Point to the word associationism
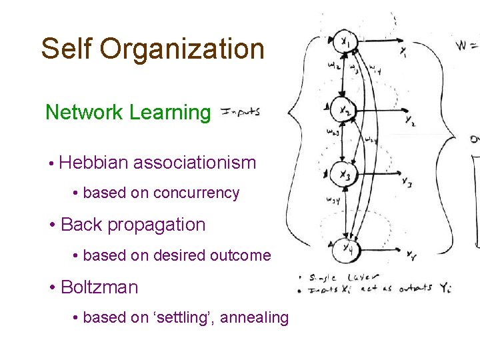pyautogui.click(x=195, y=162)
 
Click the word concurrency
pyautogui.click(x=196, y=193)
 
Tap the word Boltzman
pyautogui.click(x=99, y=287)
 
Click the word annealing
pyautogui.click(x=254, y=318)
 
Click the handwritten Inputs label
pyautogui.click(x=239, y=112)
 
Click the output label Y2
pyautogui.click(x=409, y=119)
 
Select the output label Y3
pyautogui.click(x=407, y=181)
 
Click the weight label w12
pyautogui.click(x=333, y=67)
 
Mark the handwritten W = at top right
pyautogui.click(x=467, y=47)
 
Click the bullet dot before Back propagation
pyautogui.click(x=52, y=225)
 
